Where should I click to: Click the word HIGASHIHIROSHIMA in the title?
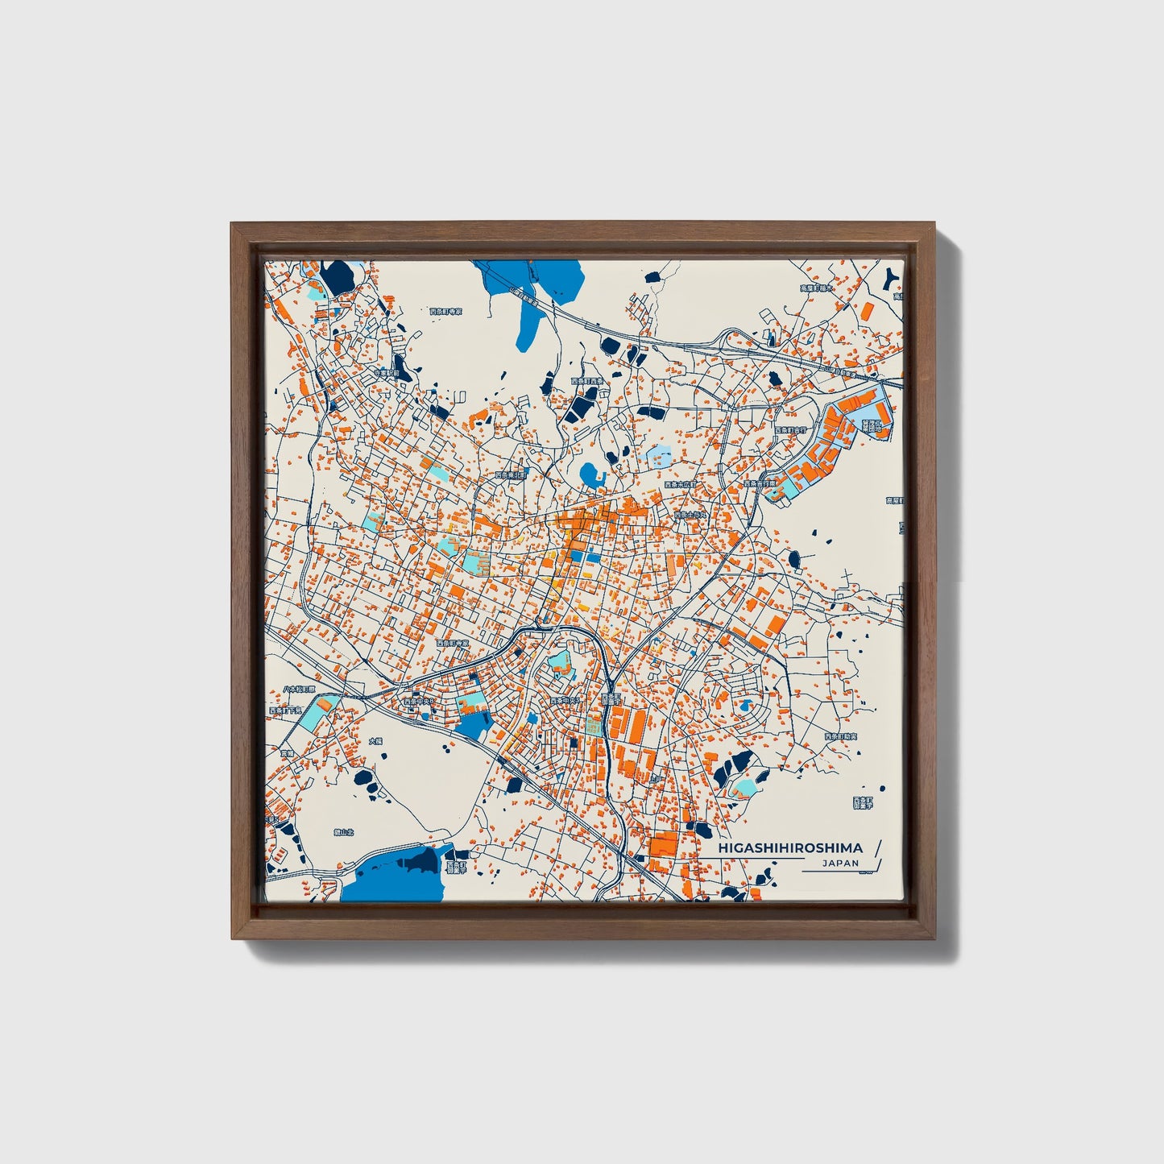click(x=789, y=847)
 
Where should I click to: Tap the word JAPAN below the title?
click(x=840, y=864)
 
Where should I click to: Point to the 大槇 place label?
click(x=375, y=740)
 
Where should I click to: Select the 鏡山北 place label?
click(x=321, y=810)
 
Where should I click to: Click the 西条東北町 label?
click(x=512, y=476)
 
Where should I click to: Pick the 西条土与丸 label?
click(x=690, y=514)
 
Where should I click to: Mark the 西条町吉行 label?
click(x=789, y=431)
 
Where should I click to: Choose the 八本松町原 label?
click(x=300, y=690)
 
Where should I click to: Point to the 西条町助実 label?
click(x=840, y=737)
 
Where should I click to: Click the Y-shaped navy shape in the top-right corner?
click(x=890, y=279)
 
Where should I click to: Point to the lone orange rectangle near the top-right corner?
click(x=867, y=311)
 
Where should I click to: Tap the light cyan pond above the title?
click(x=747, y=785)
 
